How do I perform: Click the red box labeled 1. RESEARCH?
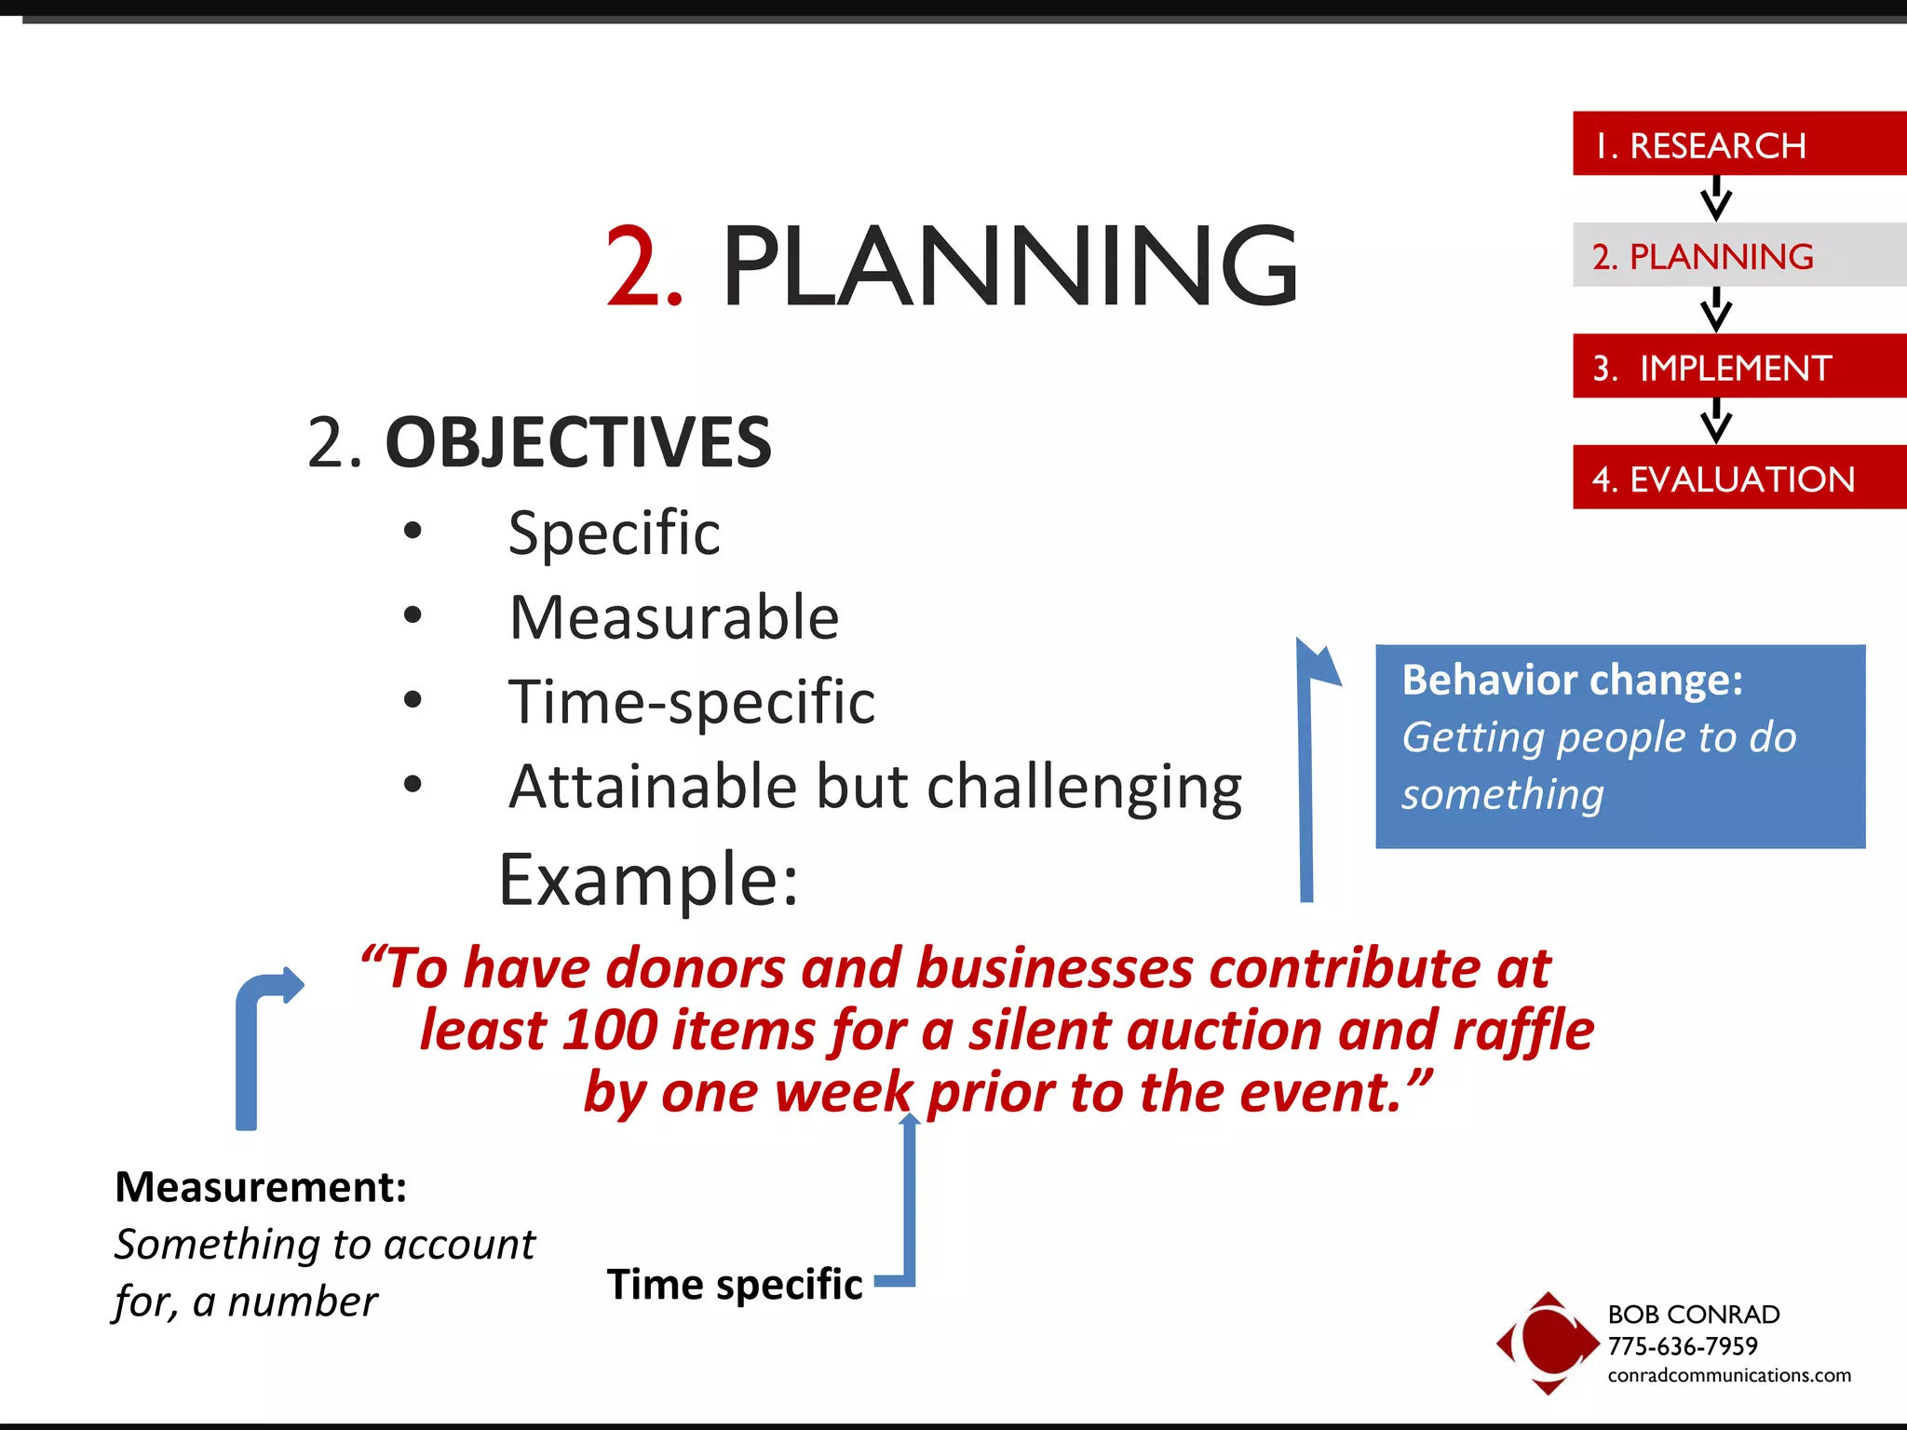point(1738,144)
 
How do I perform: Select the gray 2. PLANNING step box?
point(1738,255)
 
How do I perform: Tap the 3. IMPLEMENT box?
point(1738,367)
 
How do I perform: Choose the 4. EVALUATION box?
point(1738,478)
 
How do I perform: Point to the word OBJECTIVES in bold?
point(577,442)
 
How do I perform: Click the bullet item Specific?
point(614,533)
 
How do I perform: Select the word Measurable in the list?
point(673,618)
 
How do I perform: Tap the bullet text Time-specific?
point(691,702)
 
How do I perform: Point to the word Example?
point(648,880)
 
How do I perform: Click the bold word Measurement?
point(261,1187)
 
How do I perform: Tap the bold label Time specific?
point(735,1285)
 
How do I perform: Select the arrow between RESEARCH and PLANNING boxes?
point(1715,198)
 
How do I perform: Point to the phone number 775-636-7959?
point(1682,1346)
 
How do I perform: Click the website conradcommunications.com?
point(1728,1375)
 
